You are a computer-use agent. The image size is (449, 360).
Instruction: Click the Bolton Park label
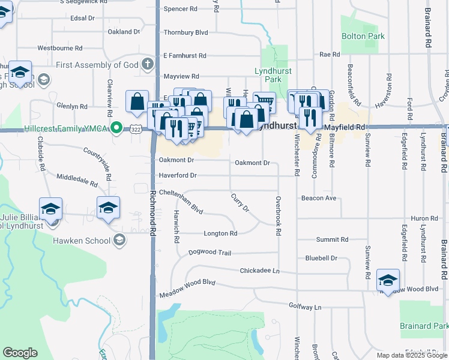[363, 37]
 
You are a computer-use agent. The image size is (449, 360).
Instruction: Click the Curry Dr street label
[240, 203]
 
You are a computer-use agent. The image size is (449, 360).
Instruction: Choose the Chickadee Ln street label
[259, 271]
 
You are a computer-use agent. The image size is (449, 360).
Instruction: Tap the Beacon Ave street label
[319, 198]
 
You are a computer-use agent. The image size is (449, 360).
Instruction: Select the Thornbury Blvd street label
[185, 32]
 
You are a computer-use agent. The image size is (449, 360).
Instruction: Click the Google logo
[20, 353]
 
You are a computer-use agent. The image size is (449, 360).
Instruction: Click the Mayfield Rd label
[345, 127]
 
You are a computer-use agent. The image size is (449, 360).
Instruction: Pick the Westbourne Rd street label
[59, 47]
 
